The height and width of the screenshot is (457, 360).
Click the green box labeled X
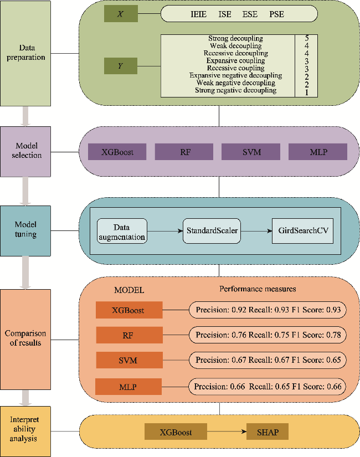pyautogui.click(x=121, y=14)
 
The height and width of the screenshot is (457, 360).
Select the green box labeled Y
pyautogui.click(x=121, y=66)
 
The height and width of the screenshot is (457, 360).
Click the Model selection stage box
pyautogui.click(x=27, y=151)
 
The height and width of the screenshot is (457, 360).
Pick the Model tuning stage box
pyautogui.click(x=26, y=230)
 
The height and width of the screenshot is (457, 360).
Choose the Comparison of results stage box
pyautogui.click(x=26, y=338)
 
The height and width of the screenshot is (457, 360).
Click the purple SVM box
pyautogui.click(x=251, y=152)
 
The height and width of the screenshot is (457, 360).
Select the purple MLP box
pyautogui.click(x=317, y=152)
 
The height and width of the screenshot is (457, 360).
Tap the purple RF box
pyautogui.click(x=184, y=152)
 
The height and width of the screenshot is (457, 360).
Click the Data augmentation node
pyautogui.click(x=122, y=231)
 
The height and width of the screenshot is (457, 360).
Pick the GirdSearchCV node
pyautogui.click(x=302, y=231)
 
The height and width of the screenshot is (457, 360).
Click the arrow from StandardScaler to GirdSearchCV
pyautogui.click(x=256, y=231)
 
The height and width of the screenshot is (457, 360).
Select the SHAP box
pyautogui.click(x=268, y=432)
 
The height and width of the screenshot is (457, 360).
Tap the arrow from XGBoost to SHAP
pyautogui.click(x=227, y=432)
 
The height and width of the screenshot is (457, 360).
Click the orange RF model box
pyautogui.click(x=129, y=335)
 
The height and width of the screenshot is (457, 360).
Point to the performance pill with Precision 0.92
pyautogui.click(x=268, y=310)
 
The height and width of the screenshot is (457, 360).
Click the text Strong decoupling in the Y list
pyautogui.click(x=235, y=39)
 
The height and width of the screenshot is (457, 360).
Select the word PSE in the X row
pyautogui.click(x=276, y=14)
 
